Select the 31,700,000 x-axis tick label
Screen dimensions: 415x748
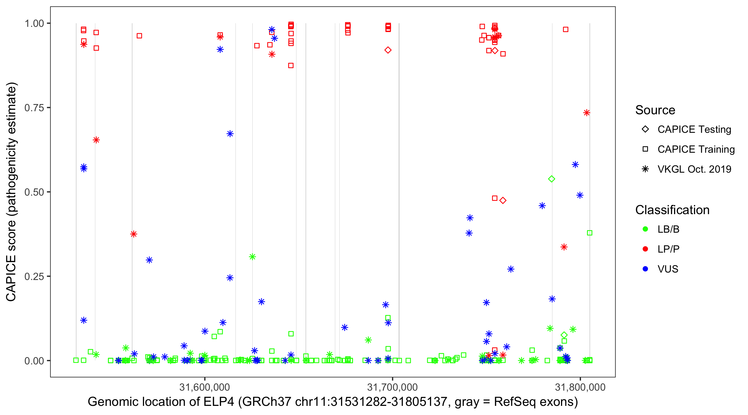392,387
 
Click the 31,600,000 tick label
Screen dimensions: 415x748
204,387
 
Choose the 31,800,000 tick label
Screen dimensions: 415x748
580,387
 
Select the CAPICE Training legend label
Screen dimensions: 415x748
696,149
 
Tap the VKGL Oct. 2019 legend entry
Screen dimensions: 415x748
694,169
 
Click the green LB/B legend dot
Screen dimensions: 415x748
645,229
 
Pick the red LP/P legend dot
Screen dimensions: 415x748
645,249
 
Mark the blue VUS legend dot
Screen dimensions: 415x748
645,269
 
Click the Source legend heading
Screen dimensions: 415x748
655,110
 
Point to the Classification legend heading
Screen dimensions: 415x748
672,210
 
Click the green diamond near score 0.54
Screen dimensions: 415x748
552,179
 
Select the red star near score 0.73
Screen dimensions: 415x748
586,113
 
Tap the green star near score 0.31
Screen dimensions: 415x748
252,257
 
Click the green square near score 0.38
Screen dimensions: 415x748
590,233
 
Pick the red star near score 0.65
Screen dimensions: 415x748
96,140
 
